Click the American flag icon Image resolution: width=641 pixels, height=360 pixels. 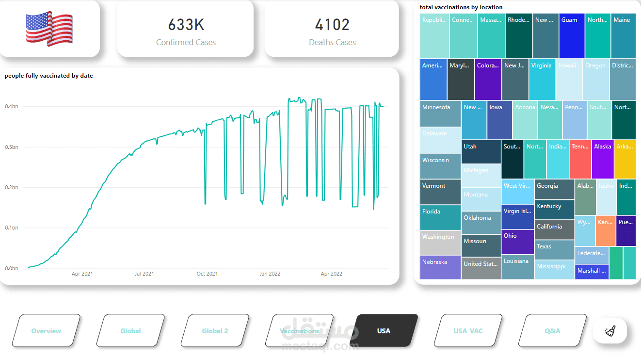pos(49,29)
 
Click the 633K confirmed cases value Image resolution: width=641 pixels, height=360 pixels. pos(186,24)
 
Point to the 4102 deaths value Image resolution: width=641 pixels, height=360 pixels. pos(332,24)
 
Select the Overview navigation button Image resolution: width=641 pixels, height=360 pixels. pos(46,331)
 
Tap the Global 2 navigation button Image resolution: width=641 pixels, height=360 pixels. pos(215,331)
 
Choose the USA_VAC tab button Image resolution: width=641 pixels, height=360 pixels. pos(468,331)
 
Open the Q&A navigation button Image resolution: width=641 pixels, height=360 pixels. pos(552,331)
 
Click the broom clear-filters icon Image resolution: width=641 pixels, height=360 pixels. pos(609,331)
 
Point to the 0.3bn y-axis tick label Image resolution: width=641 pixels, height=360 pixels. pos(12,147)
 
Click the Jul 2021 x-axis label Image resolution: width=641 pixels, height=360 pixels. pos(144,274)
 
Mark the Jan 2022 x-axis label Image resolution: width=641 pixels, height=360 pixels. pos(270,274)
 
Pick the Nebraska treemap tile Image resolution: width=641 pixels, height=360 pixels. pos(440,267)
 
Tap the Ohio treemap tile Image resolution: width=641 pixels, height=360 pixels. pos(517,242)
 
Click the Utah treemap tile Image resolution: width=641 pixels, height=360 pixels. pos(481,152)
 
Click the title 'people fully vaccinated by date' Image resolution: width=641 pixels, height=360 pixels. pos(48,76)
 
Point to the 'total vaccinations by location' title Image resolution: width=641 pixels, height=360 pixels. pos(461,7)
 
